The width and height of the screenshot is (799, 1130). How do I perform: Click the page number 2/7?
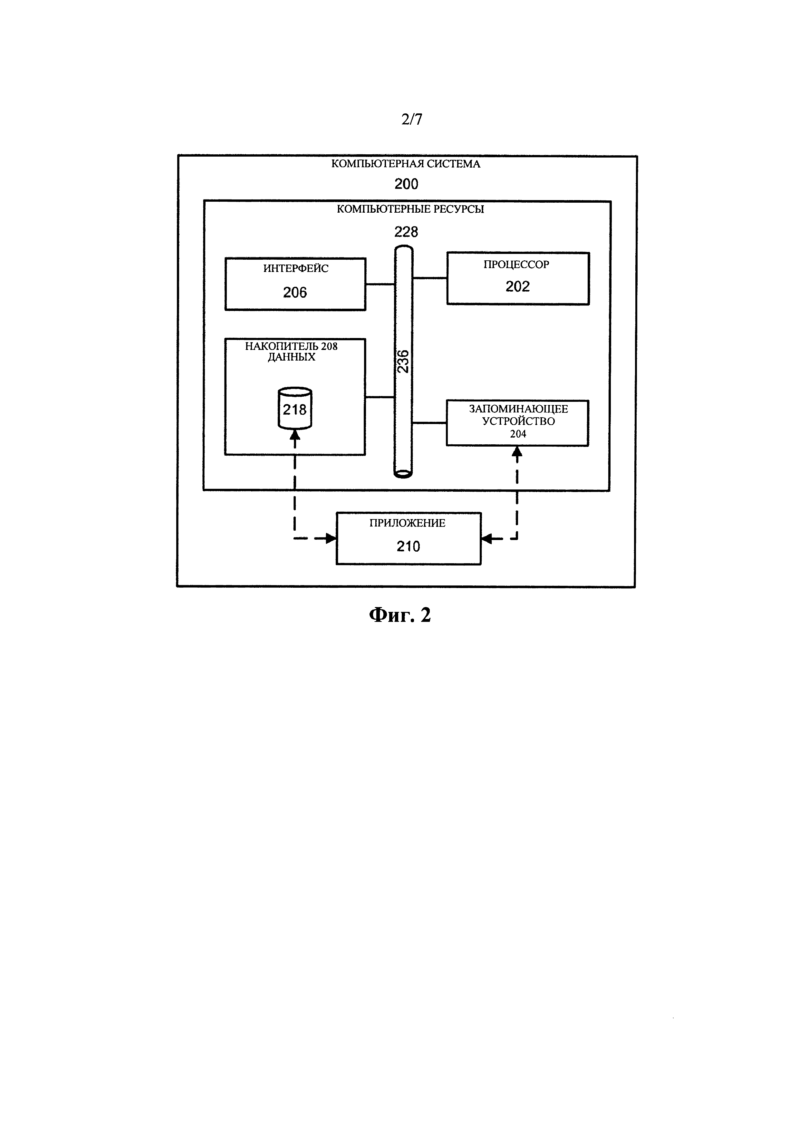pyautogui.click(x=411, y=119)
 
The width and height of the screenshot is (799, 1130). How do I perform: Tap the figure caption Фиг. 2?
pyautogui.click(x=400, y=615)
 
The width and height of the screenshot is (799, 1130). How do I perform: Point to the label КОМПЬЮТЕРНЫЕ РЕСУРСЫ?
pyautogui.click(x=410, y=209)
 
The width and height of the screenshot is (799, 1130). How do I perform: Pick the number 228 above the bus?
pyautogui.click(x=406, y=232)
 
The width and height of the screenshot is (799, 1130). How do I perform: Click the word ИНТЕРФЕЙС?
pyautogui.click(x=296, y=269)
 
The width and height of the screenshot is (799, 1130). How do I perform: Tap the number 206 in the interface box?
pyautogui.click(x=295, y=293)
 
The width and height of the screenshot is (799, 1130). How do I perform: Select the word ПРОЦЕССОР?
pyautogui.click(x=516, y=265)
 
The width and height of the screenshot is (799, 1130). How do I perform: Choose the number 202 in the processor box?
pyautogui.click(x=518, y=286)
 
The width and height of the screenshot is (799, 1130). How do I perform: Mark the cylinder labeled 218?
pyautogui.click(x=295, y=409)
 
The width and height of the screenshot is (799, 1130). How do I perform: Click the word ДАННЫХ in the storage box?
pyautogui.click(x=292, y=357)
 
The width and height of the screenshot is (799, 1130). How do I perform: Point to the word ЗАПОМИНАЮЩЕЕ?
pyautogui.click(x=518, y=409)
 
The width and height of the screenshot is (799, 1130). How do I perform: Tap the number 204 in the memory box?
pyautogui.click(x=518, y=434)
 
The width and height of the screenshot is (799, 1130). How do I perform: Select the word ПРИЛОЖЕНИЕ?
pyautogui.click(x=407, y=523)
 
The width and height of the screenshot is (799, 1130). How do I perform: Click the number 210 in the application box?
pyautogui.click(x=408, y=546)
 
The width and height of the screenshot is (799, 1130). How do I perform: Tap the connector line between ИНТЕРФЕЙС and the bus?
pyautogui.click(x=380, y=284)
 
